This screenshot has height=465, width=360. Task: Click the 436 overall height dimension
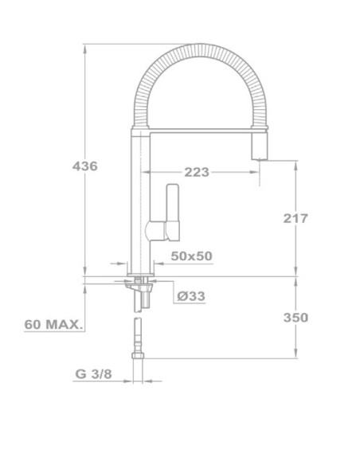click(x=84, y=166)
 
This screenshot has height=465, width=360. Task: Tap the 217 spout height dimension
click(x=295, y=217)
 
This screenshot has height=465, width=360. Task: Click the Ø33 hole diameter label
click(x=191, y=296)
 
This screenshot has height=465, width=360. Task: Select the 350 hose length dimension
click(x=295, y=317)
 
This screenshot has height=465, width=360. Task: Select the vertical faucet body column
click(x=139, y=207)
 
